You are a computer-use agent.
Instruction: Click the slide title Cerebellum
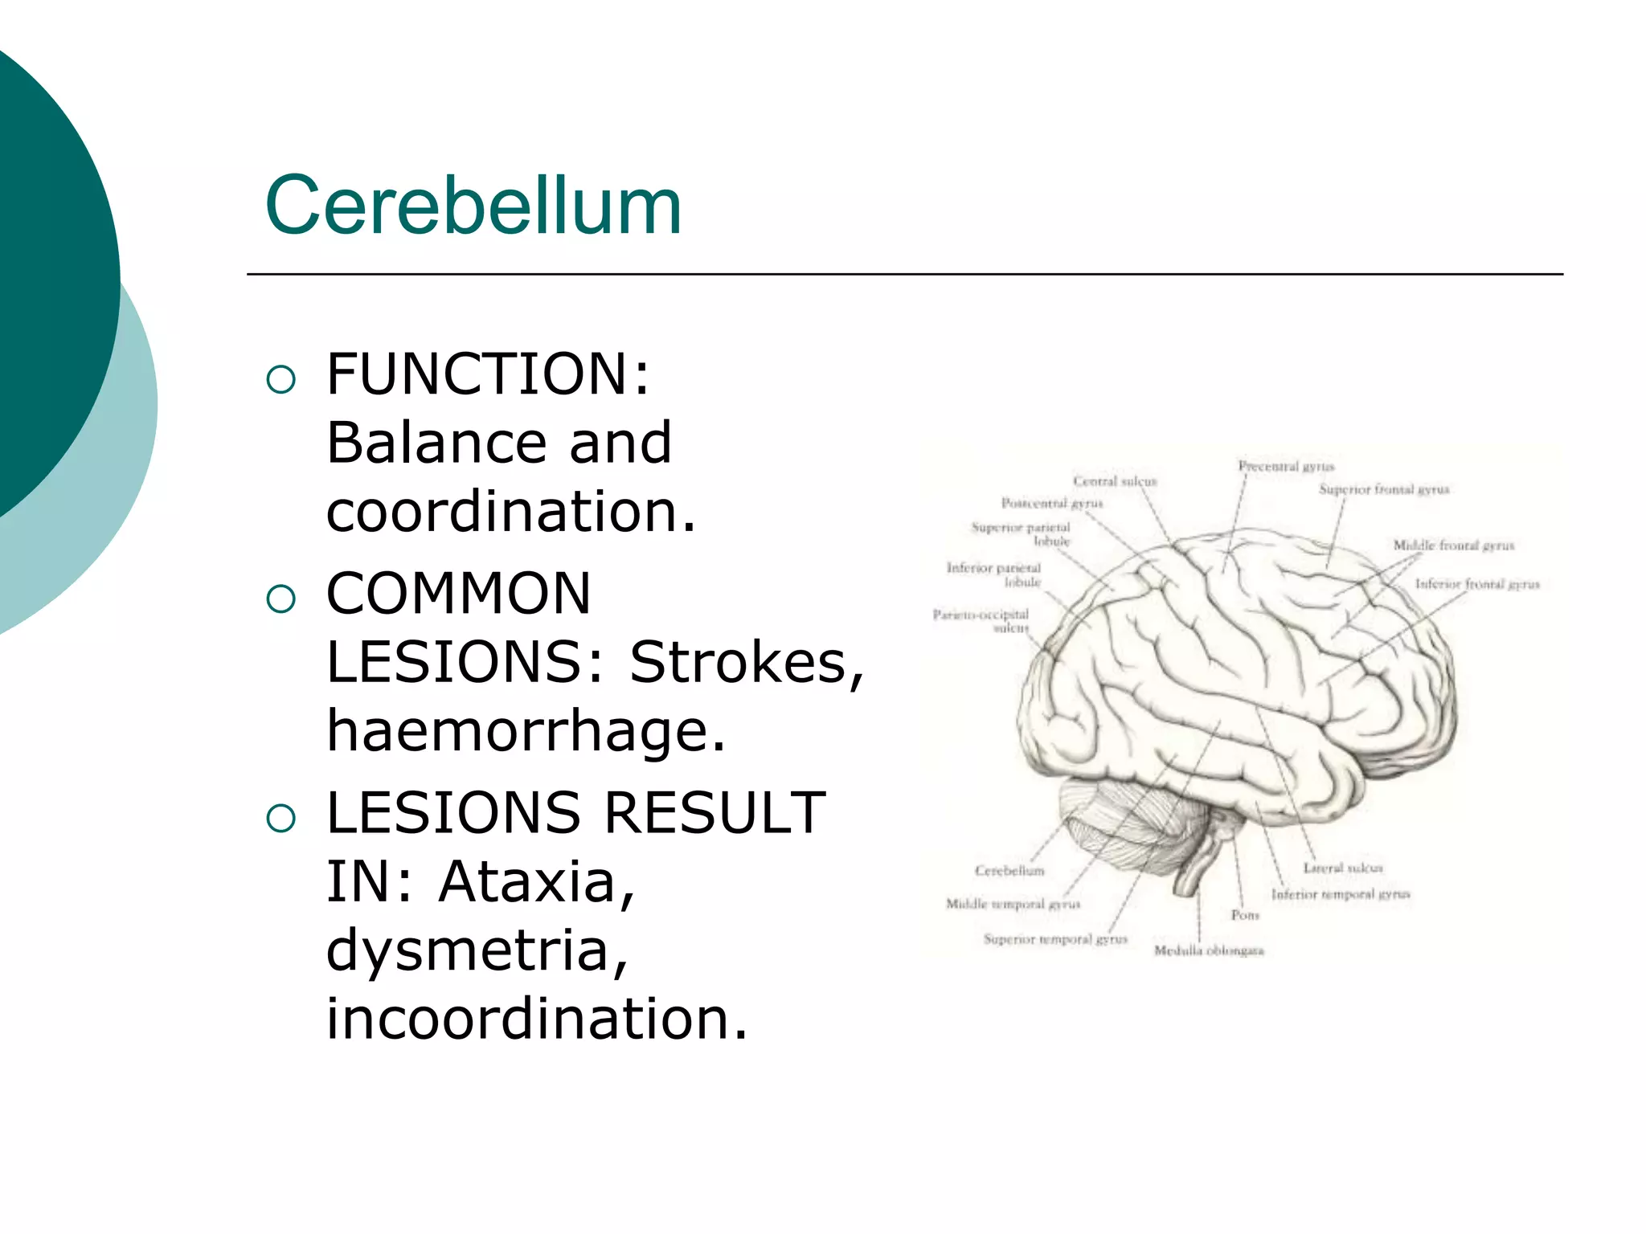(473, 206)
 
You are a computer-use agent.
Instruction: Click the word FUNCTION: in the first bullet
(488, 374)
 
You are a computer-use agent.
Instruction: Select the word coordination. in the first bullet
(511, 512)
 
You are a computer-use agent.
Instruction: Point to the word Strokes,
(747, 663)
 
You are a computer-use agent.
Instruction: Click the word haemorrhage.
(526, 731)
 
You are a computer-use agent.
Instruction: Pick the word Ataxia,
(537, 882)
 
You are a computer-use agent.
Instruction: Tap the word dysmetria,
(477, 950)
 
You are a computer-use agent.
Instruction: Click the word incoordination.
(537, 1019)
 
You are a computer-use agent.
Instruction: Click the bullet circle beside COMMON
(280, 599)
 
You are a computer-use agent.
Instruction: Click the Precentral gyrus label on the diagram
(1286, 466)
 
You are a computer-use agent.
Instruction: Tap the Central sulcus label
(1115, 481)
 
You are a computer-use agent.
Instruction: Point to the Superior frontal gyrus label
(1384, 489)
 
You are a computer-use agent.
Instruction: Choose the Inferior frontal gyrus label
(1477, 584)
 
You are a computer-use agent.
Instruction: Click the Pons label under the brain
(1245, 915)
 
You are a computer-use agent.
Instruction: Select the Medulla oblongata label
(1209, 951)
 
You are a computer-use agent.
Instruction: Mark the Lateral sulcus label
(1343, 868)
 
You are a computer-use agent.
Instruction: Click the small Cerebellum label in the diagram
(1009, 871)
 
